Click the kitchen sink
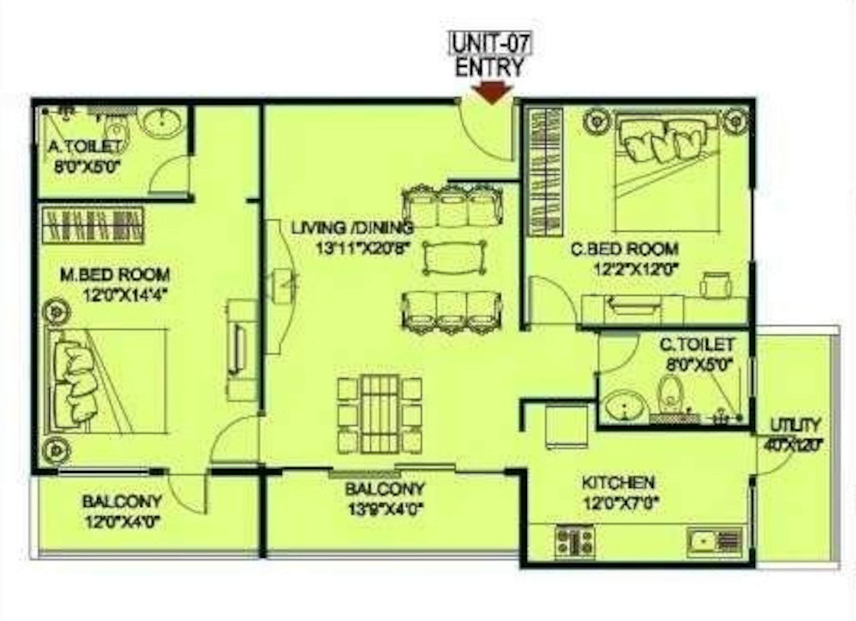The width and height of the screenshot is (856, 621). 704,541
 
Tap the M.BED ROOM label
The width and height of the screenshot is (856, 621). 115,275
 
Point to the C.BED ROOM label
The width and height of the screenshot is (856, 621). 624,249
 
